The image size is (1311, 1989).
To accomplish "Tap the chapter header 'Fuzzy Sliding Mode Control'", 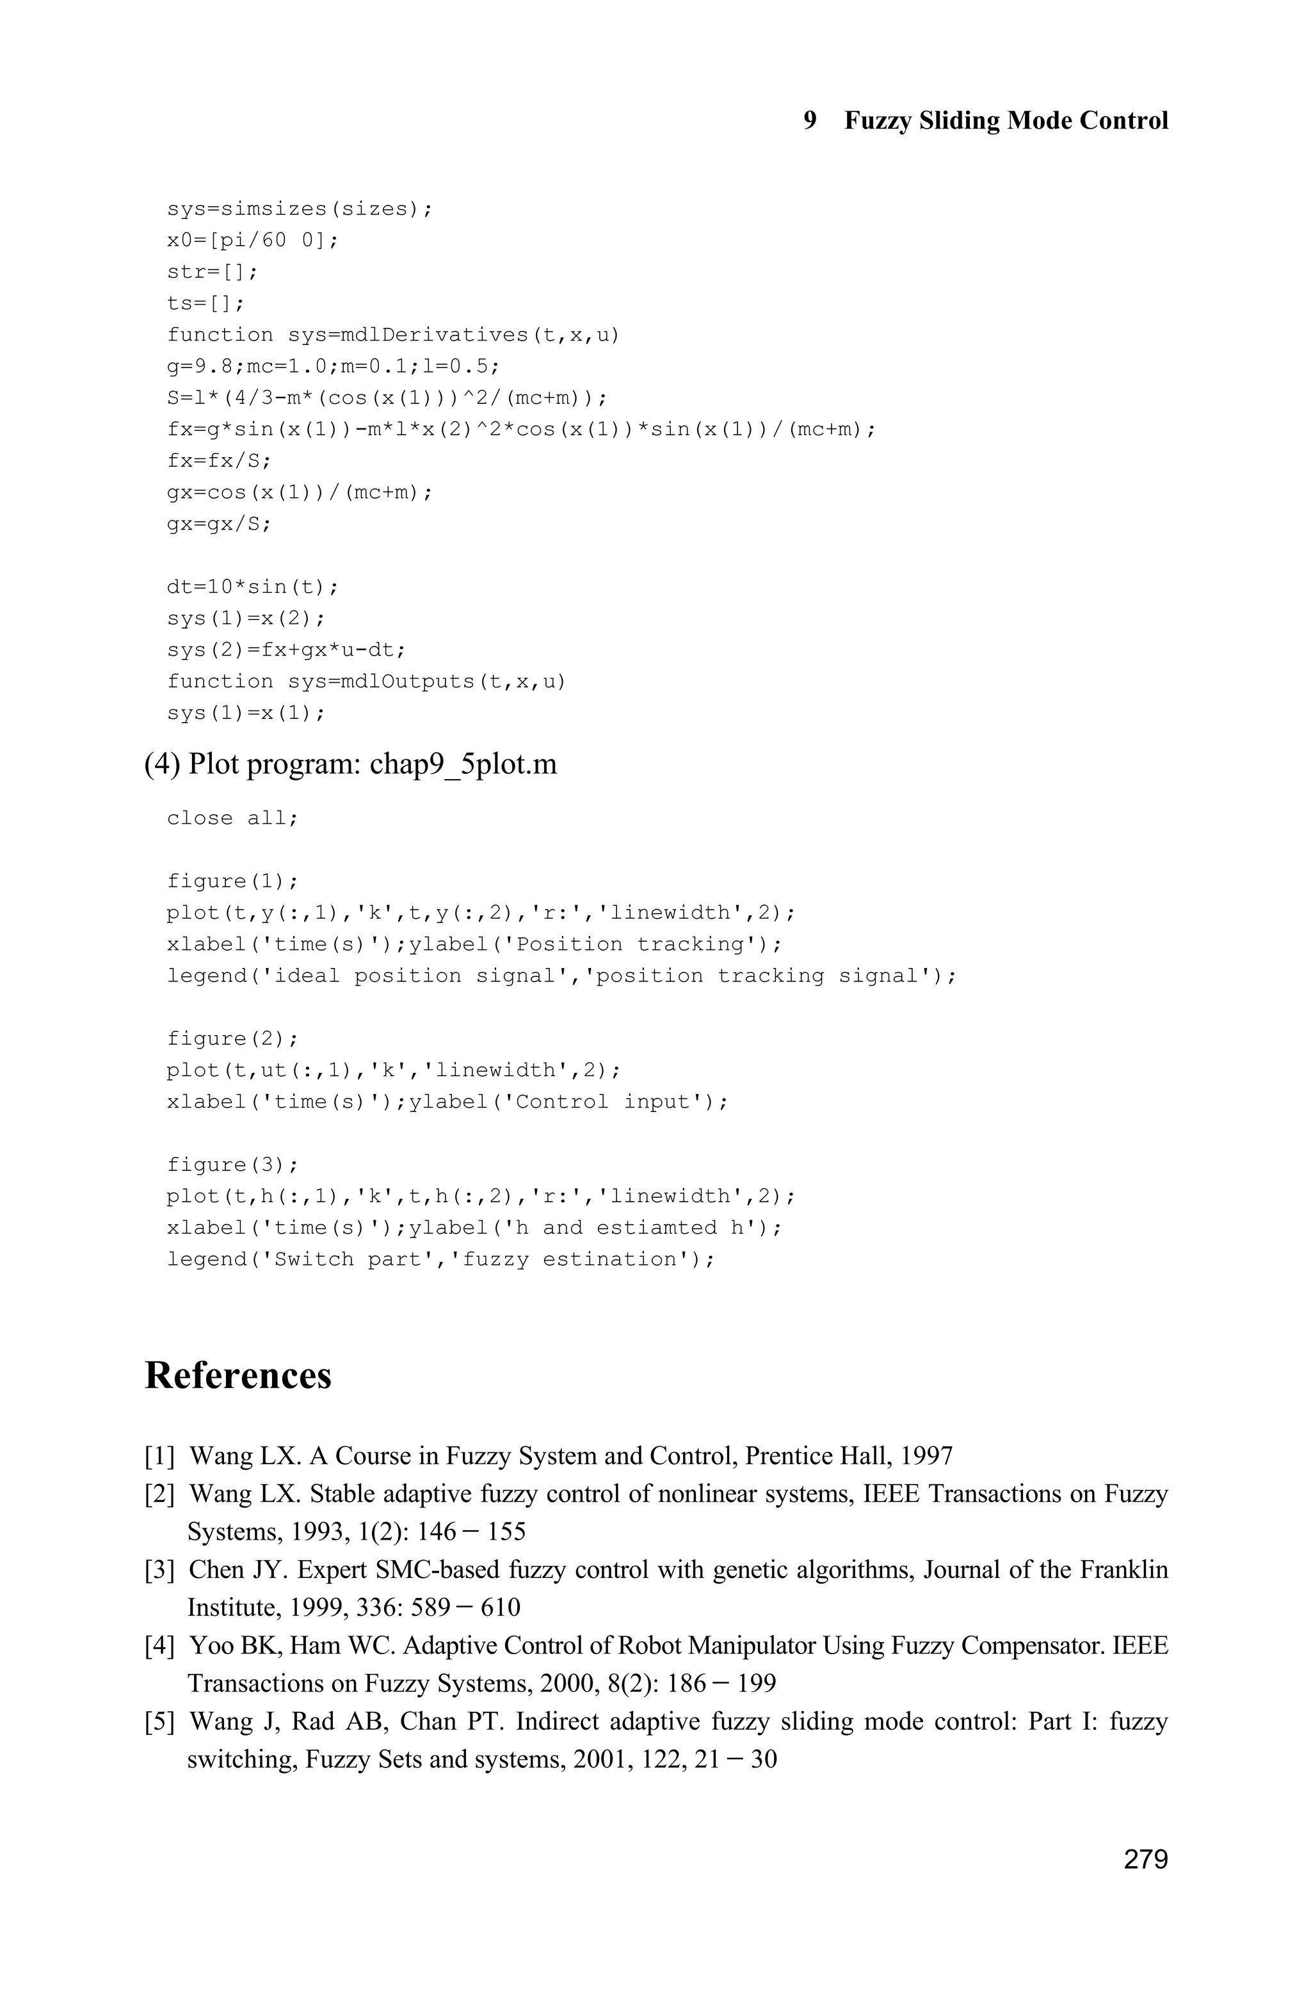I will tap(1006, 120).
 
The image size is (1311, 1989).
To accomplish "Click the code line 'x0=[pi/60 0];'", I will tap(252, 241).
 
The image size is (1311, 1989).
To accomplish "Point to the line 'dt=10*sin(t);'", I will tap(252, 587).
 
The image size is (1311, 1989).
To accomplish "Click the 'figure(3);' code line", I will tap(232, 1164).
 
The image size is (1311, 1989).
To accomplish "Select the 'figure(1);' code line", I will tap(232, 882).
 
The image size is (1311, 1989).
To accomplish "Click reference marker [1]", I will tap(159, 1456).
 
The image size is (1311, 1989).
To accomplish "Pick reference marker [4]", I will tap(159, 1647).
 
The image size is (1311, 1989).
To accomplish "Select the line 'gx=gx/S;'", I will tap(219, 524).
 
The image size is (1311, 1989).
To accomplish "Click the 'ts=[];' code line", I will tap(205, 303).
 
